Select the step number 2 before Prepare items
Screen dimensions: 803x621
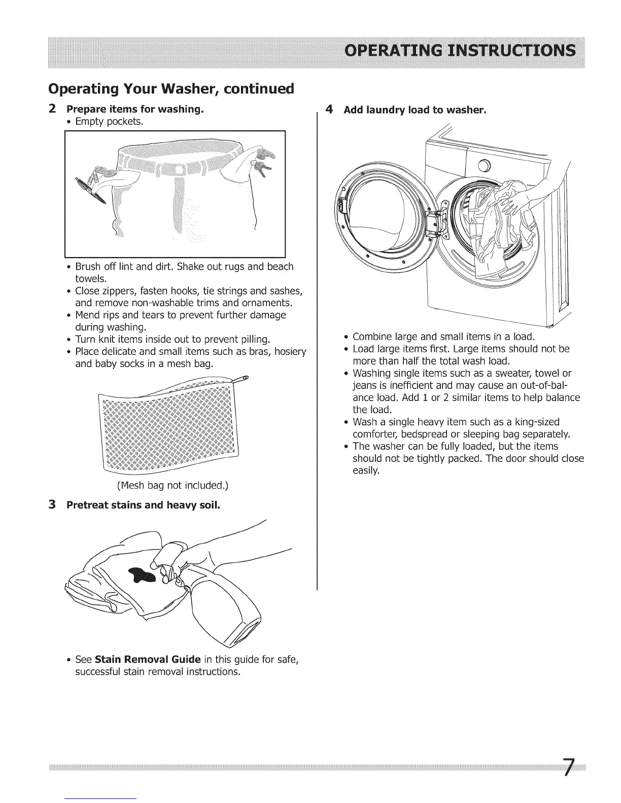(x=52, y=109)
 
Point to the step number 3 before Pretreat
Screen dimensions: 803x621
(x=52, y=505)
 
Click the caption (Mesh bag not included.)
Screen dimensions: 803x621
(x=172, y=486)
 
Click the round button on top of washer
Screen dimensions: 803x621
(x=484, y=165)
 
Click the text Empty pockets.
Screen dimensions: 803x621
(x=109, y=122)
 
